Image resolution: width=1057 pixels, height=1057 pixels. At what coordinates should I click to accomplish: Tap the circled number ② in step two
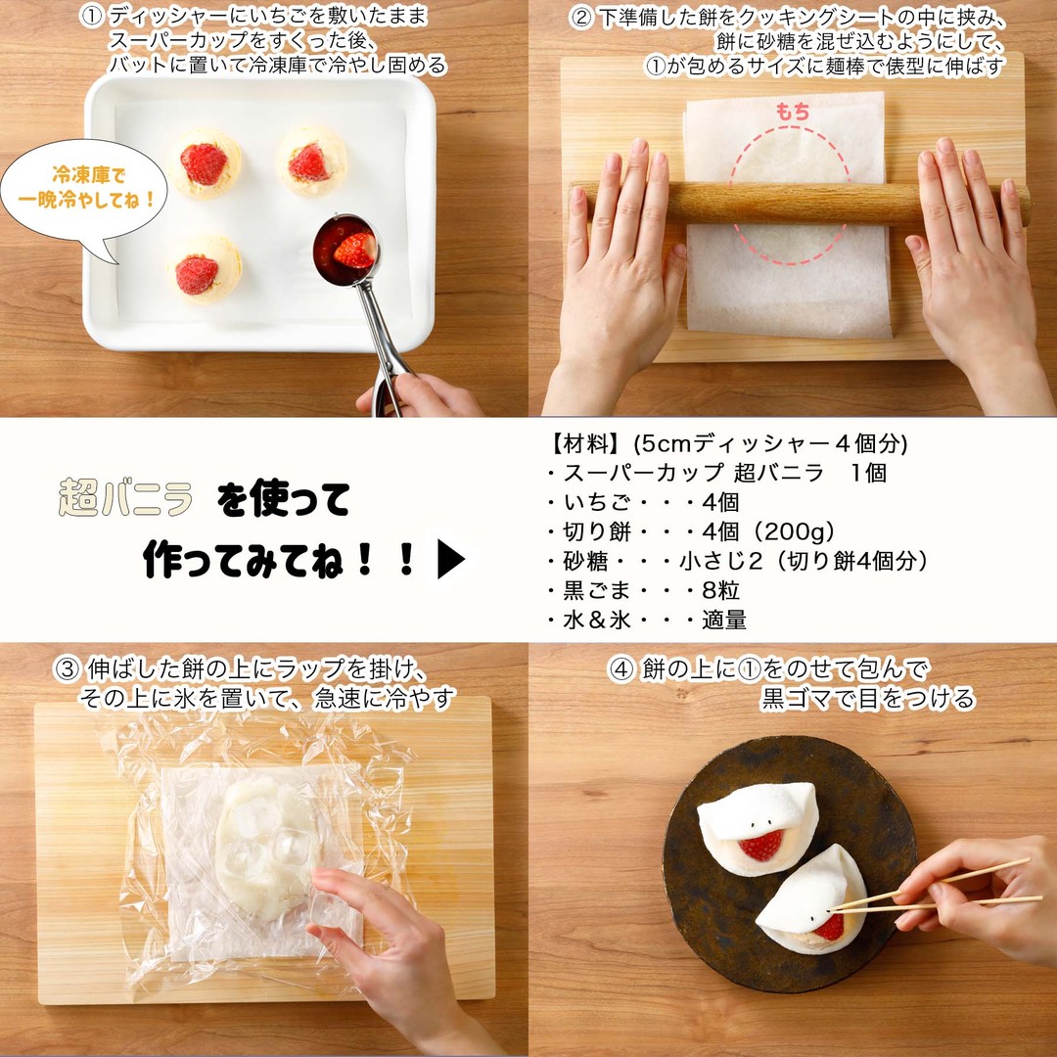tap(581, 17)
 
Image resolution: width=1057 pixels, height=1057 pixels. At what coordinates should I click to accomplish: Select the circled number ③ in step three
tap(68, 670)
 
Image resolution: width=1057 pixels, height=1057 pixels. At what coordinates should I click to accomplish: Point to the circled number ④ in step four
tap(621, 670)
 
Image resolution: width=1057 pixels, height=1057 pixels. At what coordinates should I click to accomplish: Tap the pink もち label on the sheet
tap(793, 113)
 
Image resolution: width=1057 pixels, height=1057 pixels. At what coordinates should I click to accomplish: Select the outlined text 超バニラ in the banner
tap(125, 500)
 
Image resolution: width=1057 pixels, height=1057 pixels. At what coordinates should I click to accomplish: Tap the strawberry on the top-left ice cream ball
tap(204, 163)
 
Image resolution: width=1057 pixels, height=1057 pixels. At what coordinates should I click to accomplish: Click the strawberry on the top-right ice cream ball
tap(310, 162)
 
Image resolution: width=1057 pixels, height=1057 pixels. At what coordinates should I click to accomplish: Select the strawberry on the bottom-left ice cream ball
tap(198, 274)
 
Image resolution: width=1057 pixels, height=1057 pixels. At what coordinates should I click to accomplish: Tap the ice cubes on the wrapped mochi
tap(264, 842)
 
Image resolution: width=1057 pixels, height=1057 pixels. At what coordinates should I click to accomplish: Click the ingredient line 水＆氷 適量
tap(647, 620)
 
